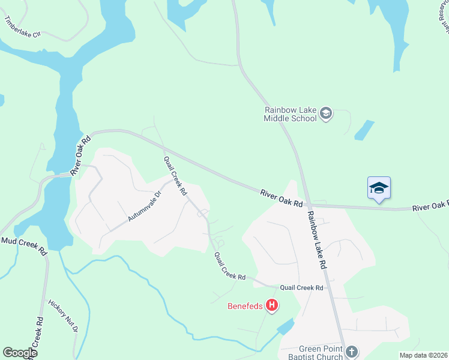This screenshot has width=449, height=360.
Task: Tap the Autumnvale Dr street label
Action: tap(145, 206)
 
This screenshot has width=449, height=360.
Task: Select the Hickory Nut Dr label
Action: tap(63, 317)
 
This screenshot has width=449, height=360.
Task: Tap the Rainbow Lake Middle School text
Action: tap(291, 114)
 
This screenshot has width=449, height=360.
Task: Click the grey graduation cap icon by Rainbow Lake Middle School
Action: tap(326, 113)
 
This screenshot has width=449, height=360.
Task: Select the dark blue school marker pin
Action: tap(379, 188)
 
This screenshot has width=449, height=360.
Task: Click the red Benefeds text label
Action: tap(245, 307)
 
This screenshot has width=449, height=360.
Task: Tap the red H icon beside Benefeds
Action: tap(272, 307)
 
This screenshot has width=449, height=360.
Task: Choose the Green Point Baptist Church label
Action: tap(321, 353)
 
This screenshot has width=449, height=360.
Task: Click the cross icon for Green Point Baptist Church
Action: tap(352, 352)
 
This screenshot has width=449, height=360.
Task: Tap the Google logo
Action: tap(19, 353)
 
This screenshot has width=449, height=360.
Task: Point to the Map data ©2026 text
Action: tap(423, 355)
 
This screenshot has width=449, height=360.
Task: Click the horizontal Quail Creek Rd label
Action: tap(301, 288)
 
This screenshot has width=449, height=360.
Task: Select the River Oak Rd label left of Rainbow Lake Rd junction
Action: tap(281, 198)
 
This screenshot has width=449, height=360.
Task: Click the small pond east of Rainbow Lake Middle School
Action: tap(364, 130)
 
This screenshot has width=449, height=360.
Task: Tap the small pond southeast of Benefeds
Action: tap(285, 327)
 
